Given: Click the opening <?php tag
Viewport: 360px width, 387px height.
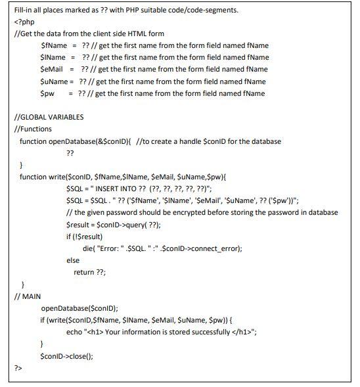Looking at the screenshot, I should (24, 22).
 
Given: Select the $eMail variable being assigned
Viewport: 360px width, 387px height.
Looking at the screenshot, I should (52, 69).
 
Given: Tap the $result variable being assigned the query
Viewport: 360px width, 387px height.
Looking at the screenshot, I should (79, 224).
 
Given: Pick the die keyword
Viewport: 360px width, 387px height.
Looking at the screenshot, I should (88, 248).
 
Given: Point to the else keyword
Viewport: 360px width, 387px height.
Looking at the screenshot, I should (73, 261).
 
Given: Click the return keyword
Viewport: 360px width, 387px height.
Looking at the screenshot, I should (83, 272).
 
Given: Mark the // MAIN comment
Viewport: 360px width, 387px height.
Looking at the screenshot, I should (28, 296).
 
